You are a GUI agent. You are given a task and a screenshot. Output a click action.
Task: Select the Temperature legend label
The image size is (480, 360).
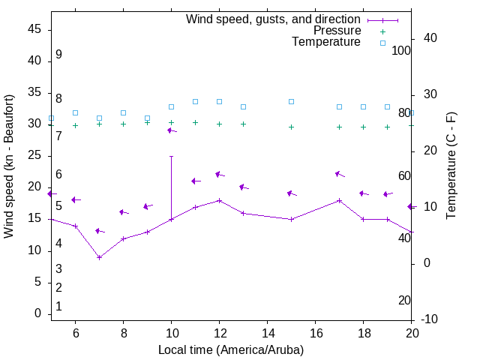(326, 42)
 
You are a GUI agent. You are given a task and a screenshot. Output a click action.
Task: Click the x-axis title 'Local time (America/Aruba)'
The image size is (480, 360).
(231, 349)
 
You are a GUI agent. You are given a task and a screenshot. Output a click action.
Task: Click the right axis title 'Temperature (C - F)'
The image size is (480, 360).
(451, 166)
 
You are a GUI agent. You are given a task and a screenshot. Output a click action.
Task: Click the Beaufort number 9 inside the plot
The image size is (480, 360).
(58, 55)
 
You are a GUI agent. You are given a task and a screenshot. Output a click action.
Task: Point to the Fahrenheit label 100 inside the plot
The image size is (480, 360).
(401, 50)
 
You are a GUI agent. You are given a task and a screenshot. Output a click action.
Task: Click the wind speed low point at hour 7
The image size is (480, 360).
(99, 257)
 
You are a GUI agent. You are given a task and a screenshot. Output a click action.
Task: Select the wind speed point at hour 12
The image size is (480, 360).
(219, 200)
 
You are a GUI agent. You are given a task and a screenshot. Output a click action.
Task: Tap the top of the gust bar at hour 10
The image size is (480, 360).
(171, 156)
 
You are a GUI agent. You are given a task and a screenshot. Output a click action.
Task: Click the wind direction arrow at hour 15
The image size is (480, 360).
(292, 193)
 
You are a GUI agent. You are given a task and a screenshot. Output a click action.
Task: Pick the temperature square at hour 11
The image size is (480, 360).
(195, 101)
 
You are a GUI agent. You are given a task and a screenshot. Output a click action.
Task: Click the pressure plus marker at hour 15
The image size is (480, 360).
(291, 127)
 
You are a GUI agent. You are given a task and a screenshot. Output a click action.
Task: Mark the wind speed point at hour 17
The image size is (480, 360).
(339, 200)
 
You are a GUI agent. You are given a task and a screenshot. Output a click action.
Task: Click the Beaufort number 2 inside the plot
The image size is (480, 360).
(58, 287)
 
